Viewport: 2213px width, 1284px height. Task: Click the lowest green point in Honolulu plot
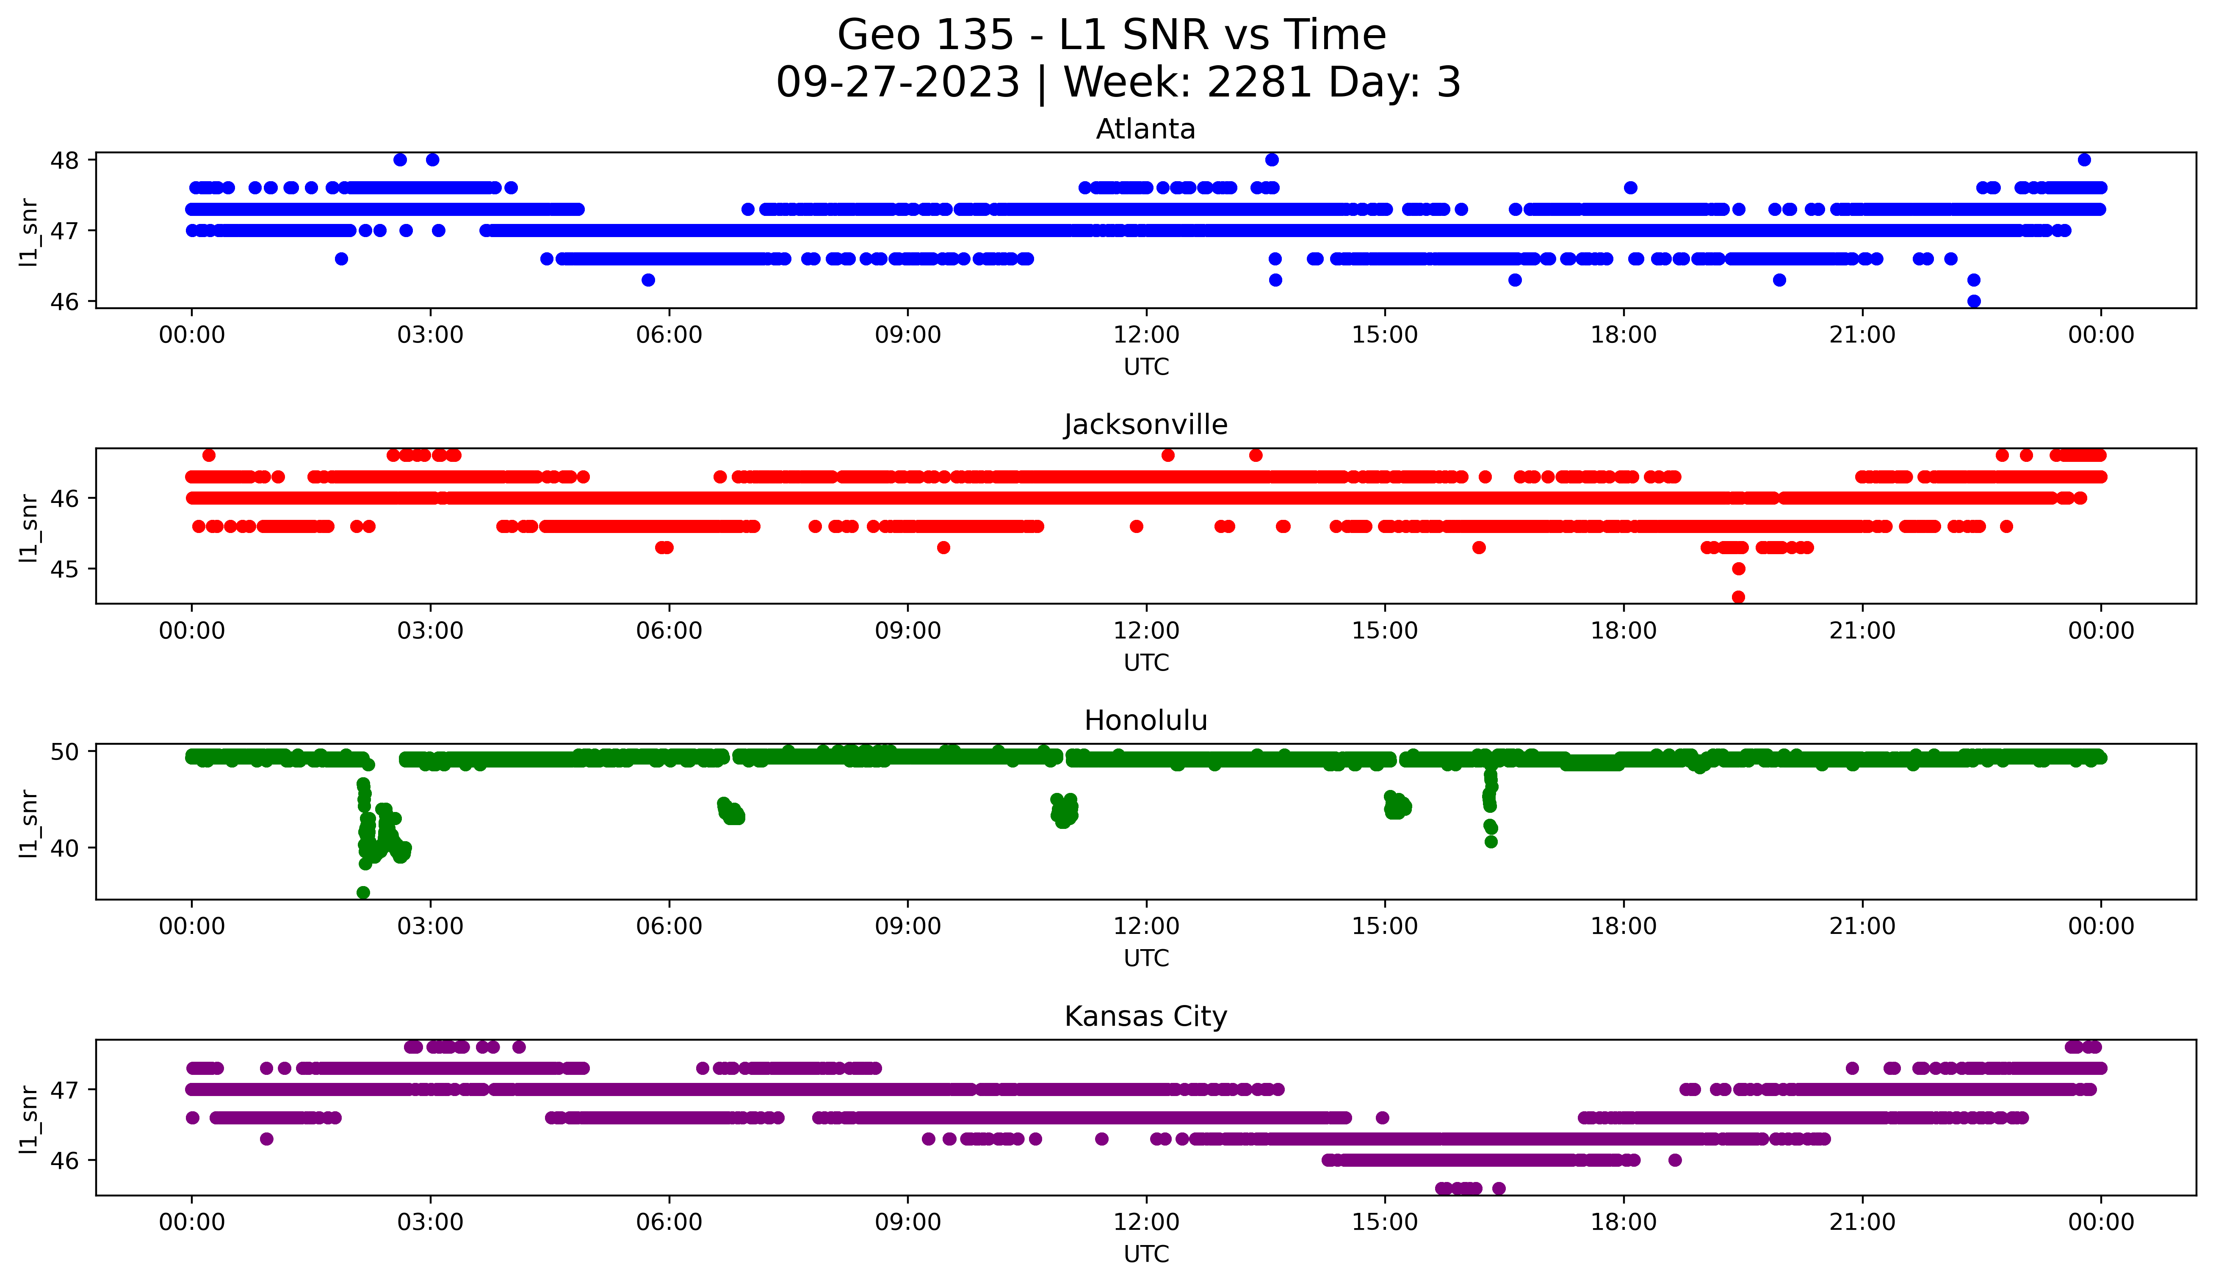tap(362, 892)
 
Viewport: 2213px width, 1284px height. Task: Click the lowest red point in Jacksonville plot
tap(1738, 597)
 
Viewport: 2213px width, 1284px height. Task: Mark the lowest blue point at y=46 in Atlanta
tap(1973, 301)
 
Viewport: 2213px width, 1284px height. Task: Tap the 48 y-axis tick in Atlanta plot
tap(64, 160)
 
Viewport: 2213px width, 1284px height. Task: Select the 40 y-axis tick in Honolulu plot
tap(64, 848)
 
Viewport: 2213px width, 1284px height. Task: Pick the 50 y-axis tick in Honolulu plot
tap(64, 751)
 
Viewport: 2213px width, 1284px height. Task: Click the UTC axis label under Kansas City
tap(1146, 1254)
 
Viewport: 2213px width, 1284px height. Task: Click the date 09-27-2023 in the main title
tap(897, 83)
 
